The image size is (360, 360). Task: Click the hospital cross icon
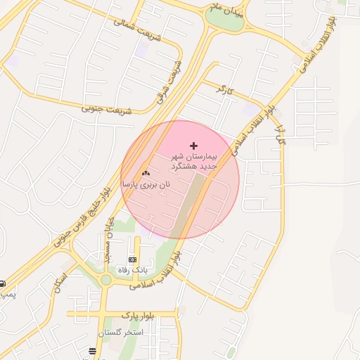194,145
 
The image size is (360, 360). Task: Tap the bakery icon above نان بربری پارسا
146,173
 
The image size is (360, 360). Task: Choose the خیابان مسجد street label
108,239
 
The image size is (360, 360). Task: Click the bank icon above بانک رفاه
133,259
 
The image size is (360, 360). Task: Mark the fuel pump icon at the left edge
2,283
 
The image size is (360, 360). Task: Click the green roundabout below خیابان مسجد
105,280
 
